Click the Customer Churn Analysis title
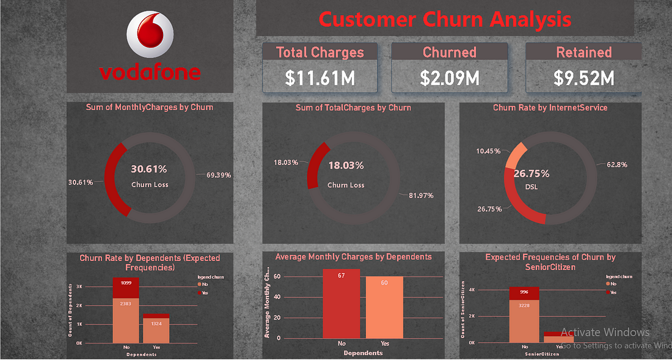click(x=445, y=20)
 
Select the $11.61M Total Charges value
click(x=320, y=78)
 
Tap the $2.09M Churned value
click(x=449, y=78)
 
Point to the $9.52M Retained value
click(x=583, y=78)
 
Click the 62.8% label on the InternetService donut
click(x=616, y=164)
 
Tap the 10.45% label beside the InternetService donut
click(x=489, y=151)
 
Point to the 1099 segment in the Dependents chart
click(x=125, y=287)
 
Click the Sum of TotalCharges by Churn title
click(x=353, y=108)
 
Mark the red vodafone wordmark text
click(x=150, y=73)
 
